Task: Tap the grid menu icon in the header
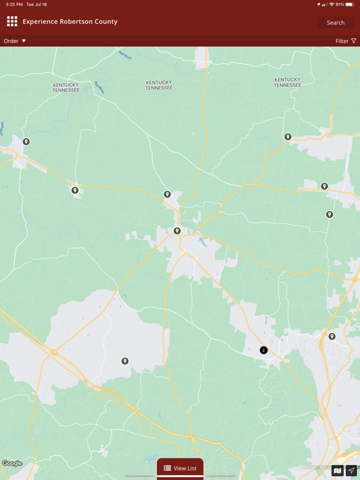click(x=12, y=22)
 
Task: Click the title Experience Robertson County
click(x=70, y=22)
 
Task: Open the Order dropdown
click(x=15, y=41)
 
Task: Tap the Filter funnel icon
click(x=354, y=41)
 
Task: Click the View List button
click(x=180, y=468)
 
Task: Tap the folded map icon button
click(x=337, y=471)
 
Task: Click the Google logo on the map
click(x=12, y=463)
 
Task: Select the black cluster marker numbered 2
click(x=264, y=350)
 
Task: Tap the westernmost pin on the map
click(x=26, y=142)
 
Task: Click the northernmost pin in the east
click(x=288, y=137)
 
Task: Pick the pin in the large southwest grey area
click(x=125, y=361)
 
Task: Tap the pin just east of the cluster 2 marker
click(x=332, y=337)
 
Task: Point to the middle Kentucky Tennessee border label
click(x=159, y=85)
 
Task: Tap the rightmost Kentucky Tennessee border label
click(x=287, y=82)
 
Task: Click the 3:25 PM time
click(x=12, y=4)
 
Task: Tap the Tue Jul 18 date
click(x=36, y=4)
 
